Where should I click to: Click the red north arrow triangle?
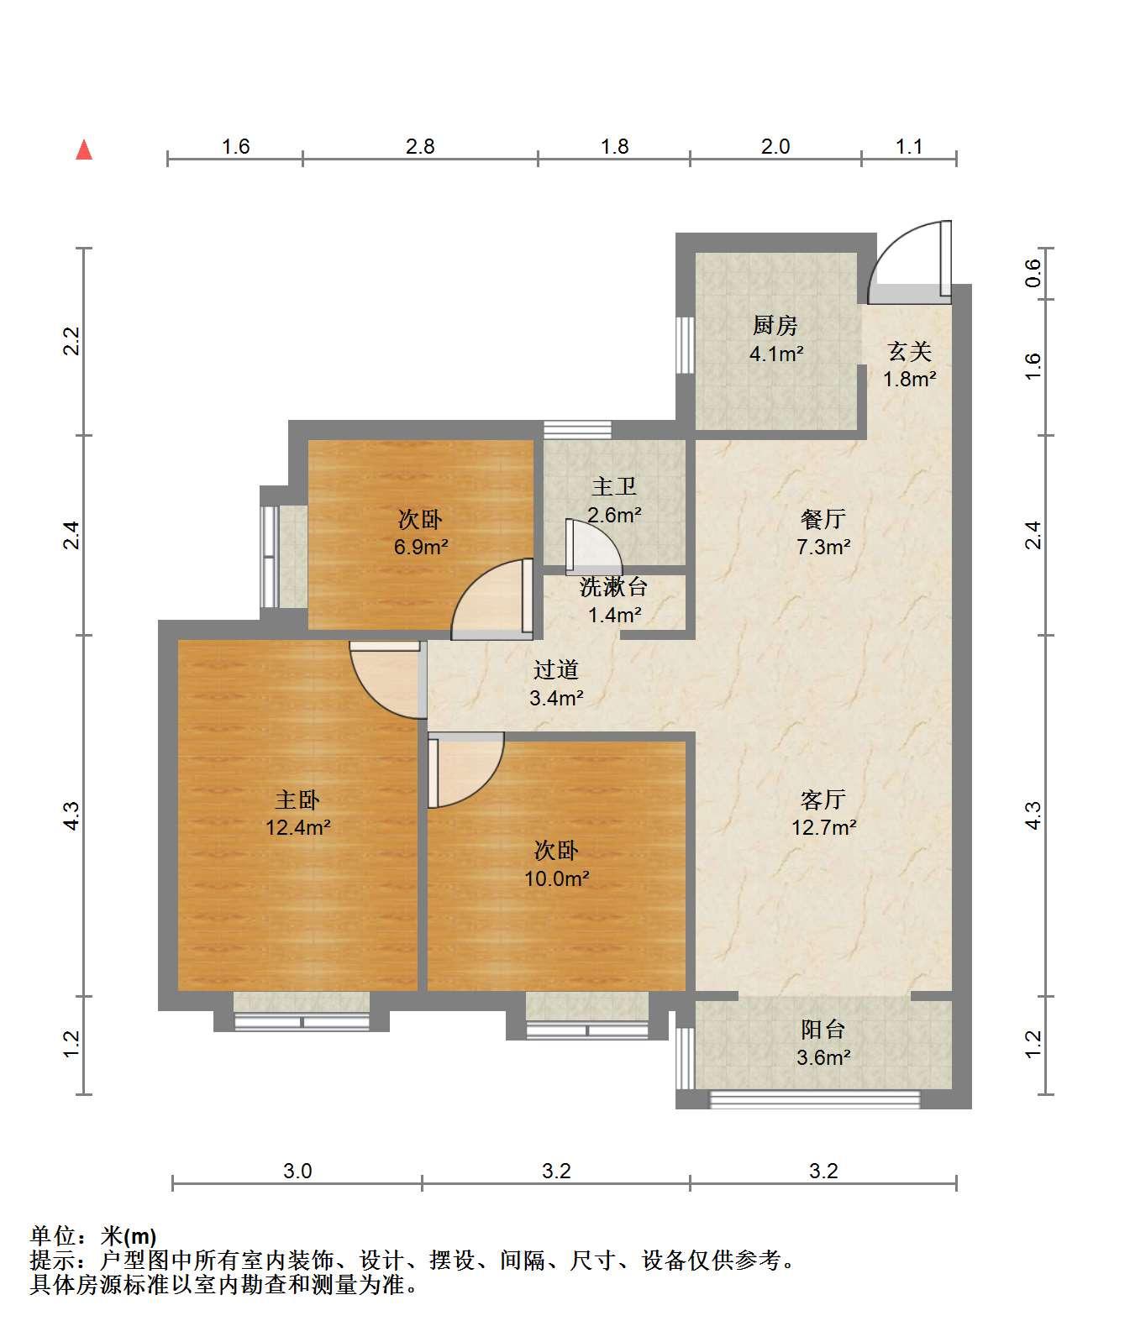[x=84, y=150]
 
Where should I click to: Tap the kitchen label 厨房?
[x=775, y=326]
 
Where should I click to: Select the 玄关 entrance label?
[x=910, y=352]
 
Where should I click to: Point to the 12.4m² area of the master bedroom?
[x=298, y=828]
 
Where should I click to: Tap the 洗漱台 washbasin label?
[x=614, y=587]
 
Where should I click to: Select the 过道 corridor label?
[x=556, y=670]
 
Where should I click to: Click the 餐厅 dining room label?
[x=823, y=520]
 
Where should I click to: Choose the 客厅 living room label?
[x=823, y=799]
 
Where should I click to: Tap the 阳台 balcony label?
[x=823, y=1030]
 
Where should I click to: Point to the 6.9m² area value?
[x=421, y=548]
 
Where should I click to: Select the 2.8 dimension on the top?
[x=420, y=147]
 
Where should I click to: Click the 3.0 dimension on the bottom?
[x=297, y=1172]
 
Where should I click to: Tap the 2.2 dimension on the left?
[x=71, y=341]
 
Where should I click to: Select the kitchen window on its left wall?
[x=685, y=345]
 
